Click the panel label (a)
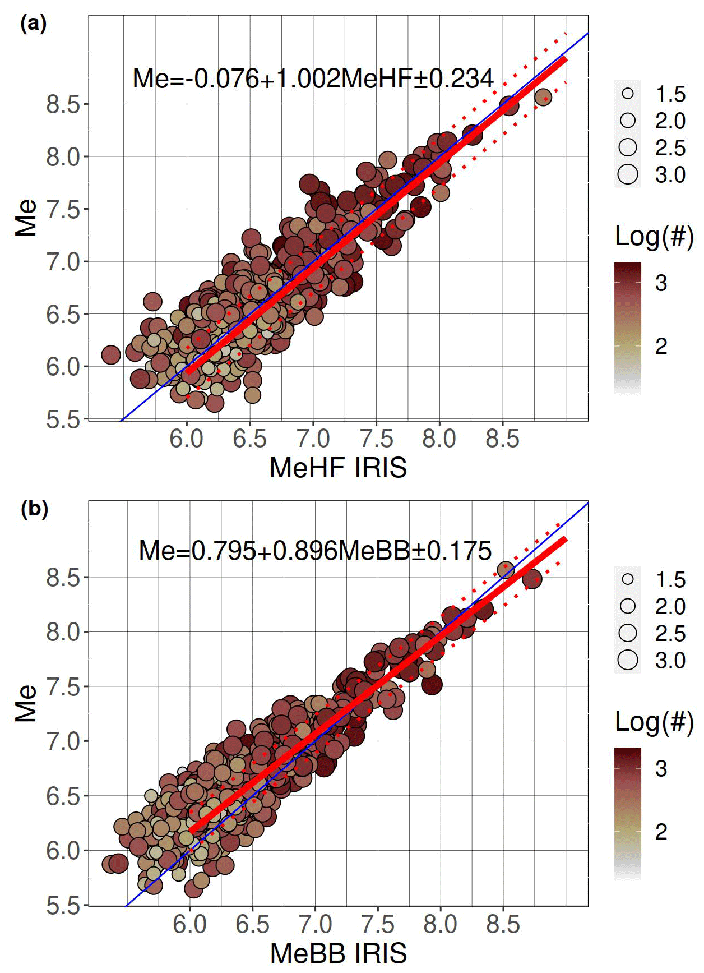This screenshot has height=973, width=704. coord(33,24)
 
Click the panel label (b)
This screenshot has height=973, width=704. coord(34,509)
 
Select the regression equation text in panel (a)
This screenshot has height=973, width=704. coord(313,79)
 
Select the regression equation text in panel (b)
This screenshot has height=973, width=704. coord(315,551)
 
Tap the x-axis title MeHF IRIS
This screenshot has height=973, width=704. coord(338,468)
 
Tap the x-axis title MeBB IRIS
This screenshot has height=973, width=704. coord(339,953)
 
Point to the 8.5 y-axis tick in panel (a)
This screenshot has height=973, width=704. coord(63,105)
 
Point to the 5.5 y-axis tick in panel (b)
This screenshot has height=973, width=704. coord(63,906)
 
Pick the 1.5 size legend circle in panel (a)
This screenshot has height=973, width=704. coord(628,94)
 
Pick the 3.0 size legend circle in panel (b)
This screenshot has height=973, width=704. coord(628,660)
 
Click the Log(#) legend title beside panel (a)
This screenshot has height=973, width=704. coord(654,236)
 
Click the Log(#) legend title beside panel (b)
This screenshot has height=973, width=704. coord(654,722)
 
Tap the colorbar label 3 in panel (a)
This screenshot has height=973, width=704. coord(661,283)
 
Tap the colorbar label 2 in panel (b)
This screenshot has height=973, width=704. coord(661,832)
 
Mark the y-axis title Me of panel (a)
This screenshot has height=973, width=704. coord(26,218)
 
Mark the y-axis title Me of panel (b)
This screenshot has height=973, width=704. coord(26,703)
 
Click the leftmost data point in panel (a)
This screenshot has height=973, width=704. coord(111,354)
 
